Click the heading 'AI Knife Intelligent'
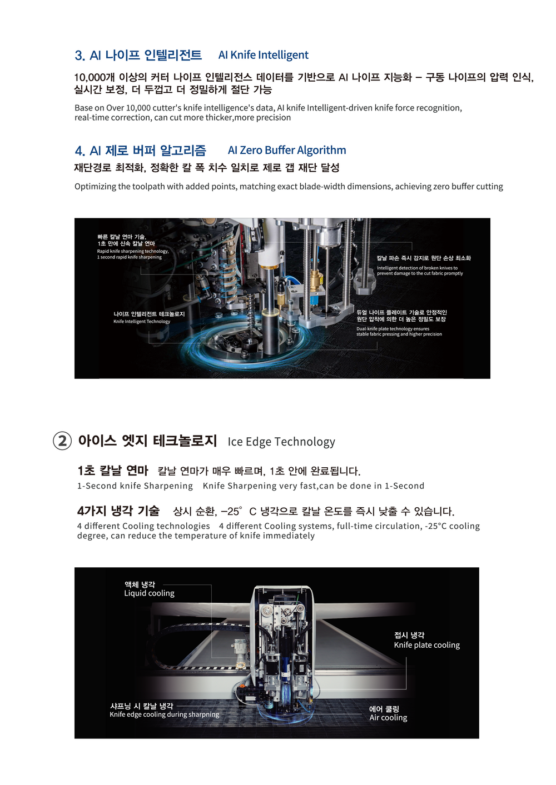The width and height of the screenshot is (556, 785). tap(263, 55)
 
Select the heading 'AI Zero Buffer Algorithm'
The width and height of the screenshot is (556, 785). tap(287, 151)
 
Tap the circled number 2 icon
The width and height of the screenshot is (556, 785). tap(62, 441)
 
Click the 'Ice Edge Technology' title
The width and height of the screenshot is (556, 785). tap(281, 442)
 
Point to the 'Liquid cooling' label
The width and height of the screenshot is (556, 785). tap(149, 593)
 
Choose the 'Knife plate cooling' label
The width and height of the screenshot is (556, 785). tap(426, 645)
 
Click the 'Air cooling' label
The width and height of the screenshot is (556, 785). tap(388, 717)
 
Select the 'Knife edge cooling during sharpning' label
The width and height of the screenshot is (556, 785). tap(164, 714)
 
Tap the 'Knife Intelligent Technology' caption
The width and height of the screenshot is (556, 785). tap(142, 321)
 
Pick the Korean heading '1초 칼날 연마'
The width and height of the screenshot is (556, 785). tap(113, 471)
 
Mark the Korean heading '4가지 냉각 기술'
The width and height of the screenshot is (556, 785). tap(118, 511)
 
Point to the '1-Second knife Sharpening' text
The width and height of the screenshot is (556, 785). tap(135, 486)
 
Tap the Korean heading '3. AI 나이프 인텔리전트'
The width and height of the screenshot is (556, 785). tap(138, 55)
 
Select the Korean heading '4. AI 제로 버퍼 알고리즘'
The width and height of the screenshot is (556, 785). tap(140, 151)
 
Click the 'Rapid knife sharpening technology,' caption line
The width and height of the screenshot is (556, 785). tap(133, 251)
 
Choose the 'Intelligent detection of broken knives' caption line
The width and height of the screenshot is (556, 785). tap(418, 268)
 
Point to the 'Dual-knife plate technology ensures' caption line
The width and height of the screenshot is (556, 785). tap(393, 329)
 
